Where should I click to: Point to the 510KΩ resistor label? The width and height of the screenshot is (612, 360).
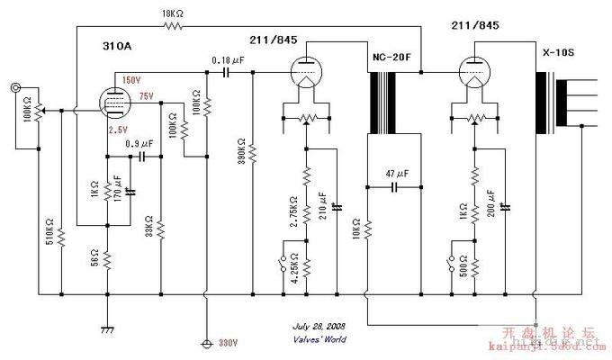[x=49, y=237]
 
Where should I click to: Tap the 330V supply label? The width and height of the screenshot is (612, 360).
[x=227, y=344]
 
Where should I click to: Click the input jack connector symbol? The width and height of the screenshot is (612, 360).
[x=16, y=88]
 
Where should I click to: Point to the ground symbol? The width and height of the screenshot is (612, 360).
[x=107, y=307]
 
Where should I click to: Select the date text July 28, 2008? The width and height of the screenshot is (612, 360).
[x=319, y=327]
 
